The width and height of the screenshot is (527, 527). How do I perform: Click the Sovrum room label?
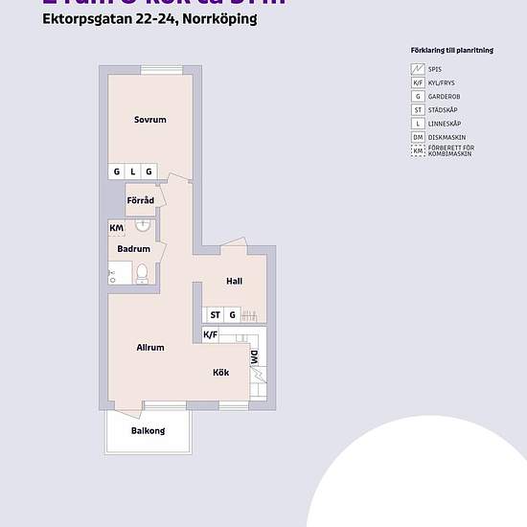[150, 120]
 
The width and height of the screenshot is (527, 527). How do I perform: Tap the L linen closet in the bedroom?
[133, 172]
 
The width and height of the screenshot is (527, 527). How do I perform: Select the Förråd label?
[141, 200]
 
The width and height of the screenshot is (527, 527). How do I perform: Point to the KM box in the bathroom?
[116, 228]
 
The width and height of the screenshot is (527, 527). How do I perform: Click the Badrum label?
[132, 249]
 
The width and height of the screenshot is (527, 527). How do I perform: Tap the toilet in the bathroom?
[143, 274]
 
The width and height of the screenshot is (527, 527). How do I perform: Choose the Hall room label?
[235, 281]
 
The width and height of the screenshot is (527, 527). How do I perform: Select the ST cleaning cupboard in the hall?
[216, 314]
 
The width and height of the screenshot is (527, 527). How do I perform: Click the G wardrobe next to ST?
[232, 314]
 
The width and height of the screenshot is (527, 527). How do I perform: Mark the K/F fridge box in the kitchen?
[211, 334]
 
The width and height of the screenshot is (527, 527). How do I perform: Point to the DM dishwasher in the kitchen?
[255, 358]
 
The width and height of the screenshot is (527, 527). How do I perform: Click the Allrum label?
[150, 348]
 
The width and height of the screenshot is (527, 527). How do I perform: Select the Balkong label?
[149, 431]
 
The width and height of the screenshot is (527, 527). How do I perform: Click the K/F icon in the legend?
[418, 83]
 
